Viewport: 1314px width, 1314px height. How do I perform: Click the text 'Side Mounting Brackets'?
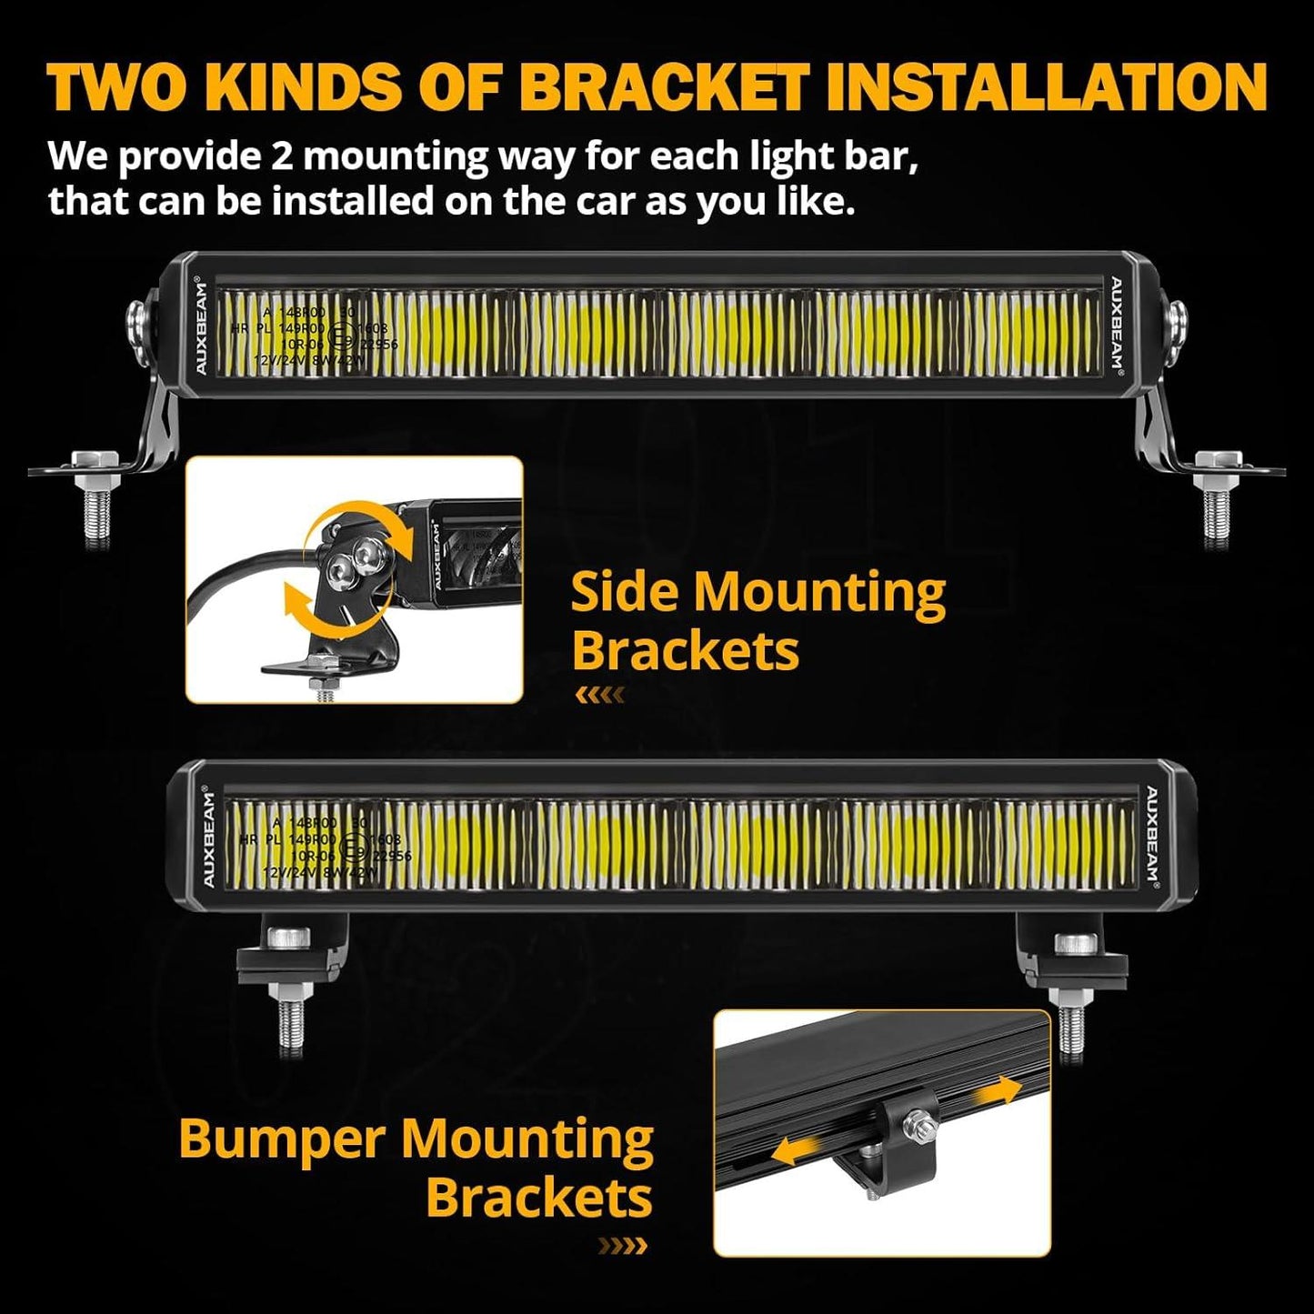click(757, 621)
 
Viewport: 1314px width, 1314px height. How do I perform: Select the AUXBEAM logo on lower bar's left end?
click(208, 838)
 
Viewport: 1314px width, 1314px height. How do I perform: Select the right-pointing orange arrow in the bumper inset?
click(998, 1090)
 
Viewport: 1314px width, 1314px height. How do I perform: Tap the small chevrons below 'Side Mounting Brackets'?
click(599, 696)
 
